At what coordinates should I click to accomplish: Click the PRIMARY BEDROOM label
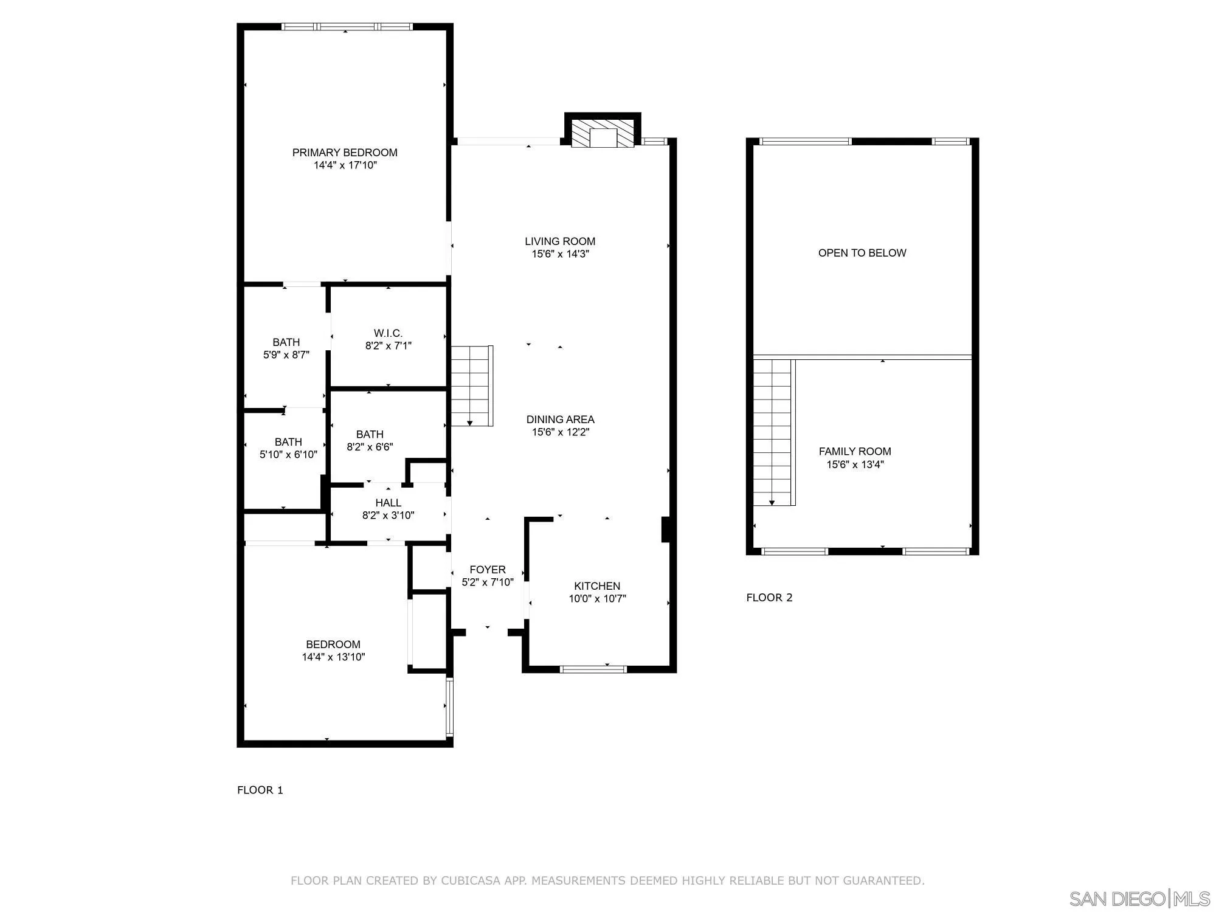click(345, 153)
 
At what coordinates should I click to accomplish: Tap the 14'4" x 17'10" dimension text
click(345, 165)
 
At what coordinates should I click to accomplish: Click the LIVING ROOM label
click(560, 241)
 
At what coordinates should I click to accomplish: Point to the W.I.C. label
click(388, 333)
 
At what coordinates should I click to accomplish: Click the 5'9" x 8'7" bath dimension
click(286, 355)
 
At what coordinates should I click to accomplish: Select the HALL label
click(388, 503)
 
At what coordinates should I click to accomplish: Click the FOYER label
click(488, 570)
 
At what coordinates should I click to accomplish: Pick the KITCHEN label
click(597, 586)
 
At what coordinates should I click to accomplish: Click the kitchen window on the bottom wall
click(593, 669)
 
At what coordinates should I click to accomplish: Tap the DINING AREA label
click(560, 420)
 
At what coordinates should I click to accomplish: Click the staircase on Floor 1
click(471, 386)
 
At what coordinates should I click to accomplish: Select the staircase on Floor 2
click(773, 432)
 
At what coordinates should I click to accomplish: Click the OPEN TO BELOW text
click(862, 253)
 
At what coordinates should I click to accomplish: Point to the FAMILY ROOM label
click(855, 452)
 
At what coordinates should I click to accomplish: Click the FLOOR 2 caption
click(769, 598)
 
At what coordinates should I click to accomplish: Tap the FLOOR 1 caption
click(260, 790)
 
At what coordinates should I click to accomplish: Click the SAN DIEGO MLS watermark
click(1139, 899)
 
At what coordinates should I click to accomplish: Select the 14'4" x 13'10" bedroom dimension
click(333, 657)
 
